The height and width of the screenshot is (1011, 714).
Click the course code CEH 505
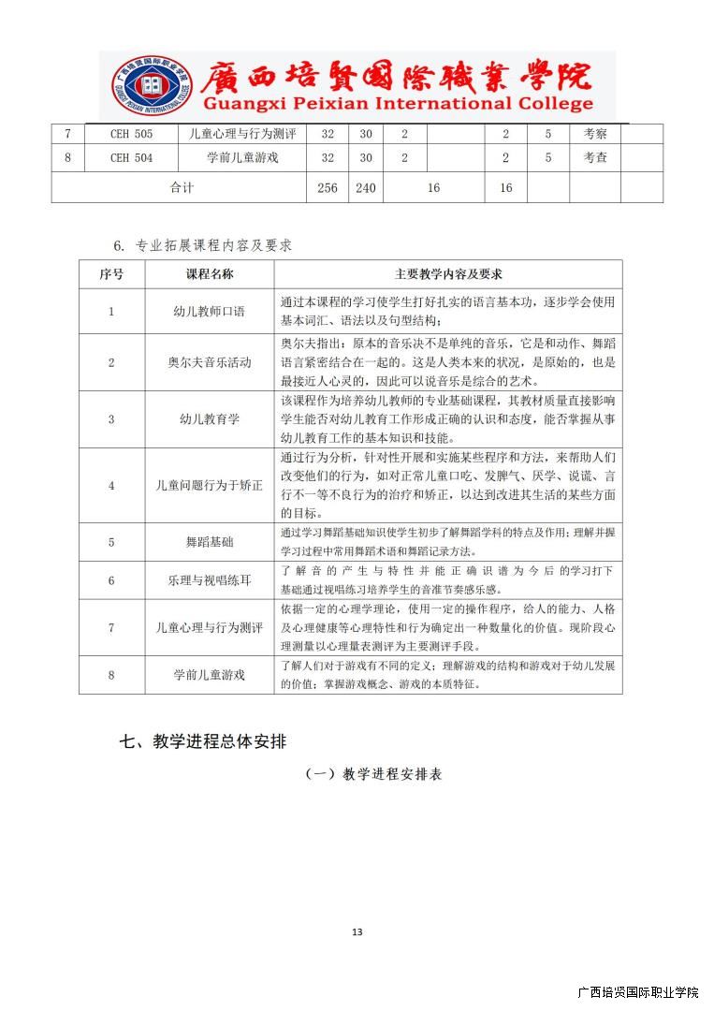131,134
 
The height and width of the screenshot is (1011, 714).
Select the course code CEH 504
131,158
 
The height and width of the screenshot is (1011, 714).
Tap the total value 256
327,188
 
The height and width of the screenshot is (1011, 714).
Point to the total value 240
366,188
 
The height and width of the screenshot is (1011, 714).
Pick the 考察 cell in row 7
595,134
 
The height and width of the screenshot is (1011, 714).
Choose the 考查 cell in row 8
595,158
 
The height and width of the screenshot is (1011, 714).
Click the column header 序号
111,274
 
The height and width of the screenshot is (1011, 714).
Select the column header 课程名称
210,274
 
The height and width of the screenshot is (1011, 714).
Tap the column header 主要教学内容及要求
448,274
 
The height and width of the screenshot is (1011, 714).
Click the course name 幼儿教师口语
210,311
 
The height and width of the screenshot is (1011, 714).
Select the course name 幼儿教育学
210,419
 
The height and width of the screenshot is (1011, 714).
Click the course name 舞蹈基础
210,542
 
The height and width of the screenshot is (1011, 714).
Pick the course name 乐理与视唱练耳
210,580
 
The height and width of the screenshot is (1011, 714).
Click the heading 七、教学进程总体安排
203,741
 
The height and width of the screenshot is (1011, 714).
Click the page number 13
357,931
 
